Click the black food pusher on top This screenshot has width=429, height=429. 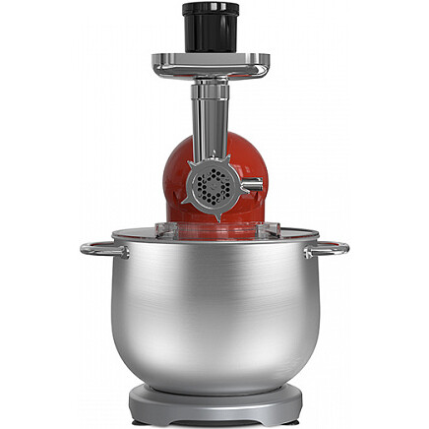click(x=210, y=30)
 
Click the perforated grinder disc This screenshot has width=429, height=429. click(x=212, y=184)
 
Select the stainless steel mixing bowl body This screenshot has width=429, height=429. click(x=214, y=315)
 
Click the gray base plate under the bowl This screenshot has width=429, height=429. click(x=214, y=404)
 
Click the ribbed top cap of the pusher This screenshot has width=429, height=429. click(x=210, y=11)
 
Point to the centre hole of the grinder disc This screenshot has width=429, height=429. click(x=212, y=184)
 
